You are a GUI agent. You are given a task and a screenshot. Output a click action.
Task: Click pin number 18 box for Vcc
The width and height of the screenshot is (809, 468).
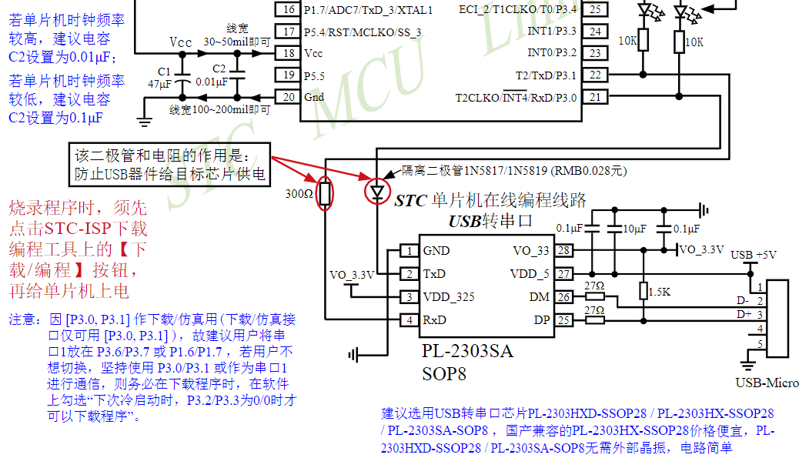click(x=289, y=53)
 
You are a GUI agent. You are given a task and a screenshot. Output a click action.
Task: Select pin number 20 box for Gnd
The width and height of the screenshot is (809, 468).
click(x=289, y=97)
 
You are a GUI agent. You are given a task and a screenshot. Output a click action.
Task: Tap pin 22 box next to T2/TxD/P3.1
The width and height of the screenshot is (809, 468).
click(x=595, y=75)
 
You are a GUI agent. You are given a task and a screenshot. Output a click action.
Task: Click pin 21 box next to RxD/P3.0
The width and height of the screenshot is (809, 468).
click(x=595, y=97)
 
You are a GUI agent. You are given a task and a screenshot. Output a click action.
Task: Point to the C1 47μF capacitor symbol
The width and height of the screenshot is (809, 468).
click(x=182, y=82)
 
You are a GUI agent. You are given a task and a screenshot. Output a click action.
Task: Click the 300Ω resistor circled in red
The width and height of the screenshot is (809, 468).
click(x=326, y=193)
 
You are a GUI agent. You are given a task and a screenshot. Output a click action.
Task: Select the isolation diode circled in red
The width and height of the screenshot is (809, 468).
click(x=377, y=192)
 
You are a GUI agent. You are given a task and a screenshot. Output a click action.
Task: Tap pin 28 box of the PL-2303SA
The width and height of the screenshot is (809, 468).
click(x=564, y=251)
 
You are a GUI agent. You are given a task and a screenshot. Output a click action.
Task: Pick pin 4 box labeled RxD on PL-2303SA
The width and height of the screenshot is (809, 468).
click(x=410, y=320)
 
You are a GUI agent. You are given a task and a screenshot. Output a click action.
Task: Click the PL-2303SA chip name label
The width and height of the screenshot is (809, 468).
click(x=467, y=352)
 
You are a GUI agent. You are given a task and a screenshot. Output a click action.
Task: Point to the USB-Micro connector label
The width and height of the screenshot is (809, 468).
click(x=767, y=383)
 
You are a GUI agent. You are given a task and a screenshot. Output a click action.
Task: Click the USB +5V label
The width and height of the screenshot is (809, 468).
click(x=754, y=255)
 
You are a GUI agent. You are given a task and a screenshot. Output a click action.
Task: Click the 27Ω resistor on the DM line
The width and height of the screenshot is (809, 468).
click(x=594, y=297)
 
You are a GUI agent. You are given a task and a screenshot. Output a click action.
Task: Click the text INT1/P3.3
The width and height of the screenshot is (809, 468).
click(x=552, y=31)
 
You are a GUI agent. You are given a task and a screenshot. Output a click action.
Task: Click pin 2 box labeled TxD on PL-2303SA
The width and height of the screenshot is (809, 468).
click(x=410, y=274)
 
